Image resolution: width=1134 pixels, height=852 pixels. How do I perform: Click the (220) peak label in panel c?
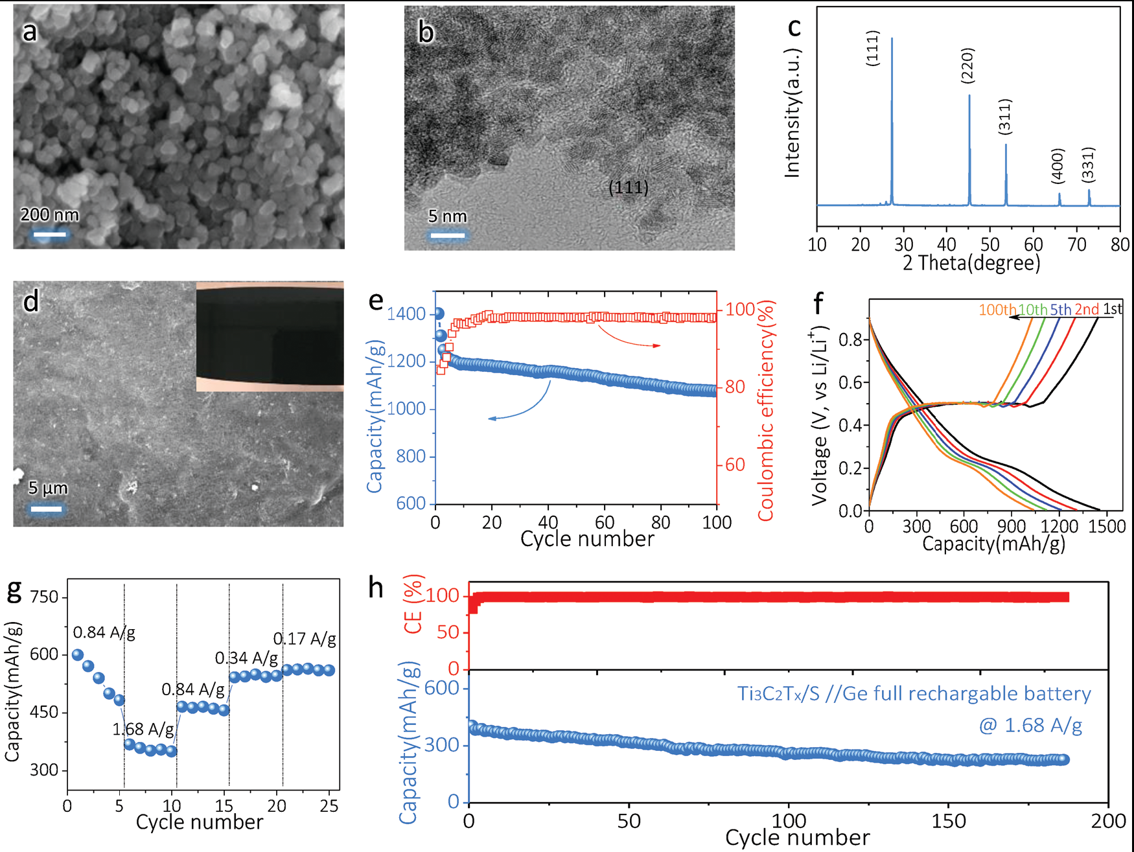(967, 65)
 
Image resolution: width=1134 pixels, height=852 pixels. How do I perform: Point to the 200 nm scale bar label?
(49, 215)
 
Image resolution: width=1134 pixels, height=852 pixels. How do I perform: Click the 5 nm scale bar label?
(447, 216)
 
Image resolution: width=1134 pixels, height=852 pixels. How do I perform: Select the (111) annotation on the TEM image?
(628, 188)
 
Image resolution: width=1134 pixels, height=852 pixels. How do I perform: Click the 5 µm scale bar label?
(47, 488)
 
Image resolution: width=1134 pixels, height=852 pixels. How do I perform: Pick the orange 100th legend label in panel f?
(997, 310)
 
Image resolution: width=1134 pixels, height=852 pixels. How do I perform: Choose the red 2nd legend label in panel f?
(1087, 310)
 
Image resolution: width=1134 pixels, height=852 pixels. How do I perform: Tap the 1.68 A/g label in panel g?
(143, 730)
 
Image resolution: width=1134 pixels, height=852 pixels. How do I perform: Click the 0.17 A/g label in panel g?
(305, 639)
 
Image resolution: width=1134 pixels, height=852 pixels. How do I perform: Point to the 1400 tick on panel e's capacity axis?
(406, 314)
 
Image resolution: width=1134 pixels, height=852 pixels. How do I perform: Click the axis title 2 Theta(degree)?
(971, 263)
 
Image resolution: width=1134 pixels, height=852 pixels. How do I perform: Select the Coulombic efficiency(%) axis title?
(766, 410)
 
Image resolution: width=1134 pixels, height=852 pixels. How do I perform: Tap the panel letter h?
(376, 588)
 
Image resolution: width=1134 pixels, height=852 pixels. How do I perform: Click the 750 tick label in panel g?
(44, 597)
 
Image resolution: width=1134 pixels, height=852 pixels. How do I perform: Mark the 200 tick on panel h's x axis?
(1108, 822)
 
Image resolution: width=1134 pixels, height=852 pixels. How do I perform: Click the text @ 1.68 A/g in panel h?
(1030, 725)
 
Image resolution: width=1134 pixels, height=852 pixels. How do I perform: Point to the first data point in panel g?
(78, 655)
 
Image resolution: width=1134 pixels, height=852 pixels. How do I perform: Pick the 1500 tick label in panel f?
(1107, 526)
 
